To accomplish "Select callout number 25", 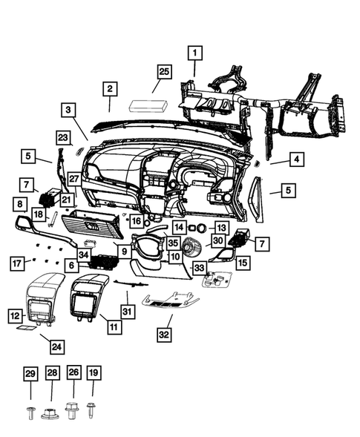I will (164, 71).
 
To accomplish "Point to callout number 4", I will (295, 159).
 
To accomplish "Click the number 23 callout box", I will (62, 138).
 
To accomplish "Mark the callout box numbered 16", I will (136, 220).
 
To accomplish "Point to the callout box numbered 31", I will (127, 312).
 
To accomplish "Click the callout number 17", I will (16, 263).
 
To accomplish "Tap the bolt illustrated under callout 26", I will (73, 407).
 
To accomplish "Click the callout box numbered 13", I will (221, 226).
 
